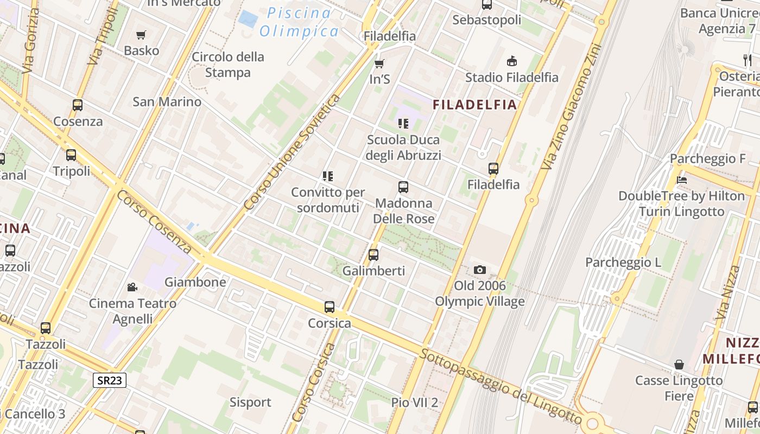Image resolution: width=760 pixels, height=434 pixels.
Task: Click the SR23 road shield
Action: [110, 380]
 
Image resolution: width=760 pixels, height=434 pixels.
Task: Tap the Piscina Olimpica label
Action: [299, 22]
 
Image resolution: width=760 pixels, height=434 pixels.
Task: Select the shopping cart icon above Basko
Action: [141, 35]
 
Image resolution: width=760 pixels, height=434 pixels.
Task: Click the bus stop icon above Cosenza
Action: [78, 105]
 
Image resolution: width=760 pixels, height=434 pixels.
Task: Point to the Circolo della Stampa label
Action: [228, 65]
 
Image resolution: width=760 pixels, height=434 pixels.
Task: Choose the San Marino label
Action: [167, 101]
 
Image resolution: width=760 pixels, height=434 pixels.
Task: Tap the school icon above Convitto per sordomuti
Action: [327, 176]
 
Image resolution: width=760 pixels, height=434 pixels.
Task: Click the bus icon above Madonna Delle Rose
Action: [403, 187]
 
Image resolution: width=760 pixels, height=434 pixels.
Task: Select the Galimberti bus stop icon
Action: [373, 254]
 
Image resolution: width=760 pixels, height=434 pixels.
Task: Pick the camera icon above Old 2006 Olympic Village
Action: [479, 270]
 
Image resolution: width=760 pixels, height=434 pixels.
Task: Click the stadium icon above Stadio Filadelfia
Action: [511, 61]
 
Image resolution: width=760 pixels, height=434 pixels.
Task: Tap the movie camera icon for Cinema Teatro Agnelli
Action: [132, 287]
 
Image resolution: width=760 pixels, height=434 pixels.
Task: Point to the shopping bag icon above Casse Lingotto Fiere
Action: [679, 364]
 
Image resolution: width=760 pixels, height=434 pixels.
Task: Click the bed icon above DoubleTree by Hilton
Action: [681, 180]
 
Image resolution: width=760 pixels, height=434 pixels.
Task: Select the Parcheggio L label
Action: [623, 263]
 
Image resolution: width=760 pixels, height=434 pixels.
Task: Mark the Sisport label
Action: [250, 402]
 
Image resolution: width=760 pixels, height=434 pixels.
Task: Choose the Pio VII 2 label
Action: [415, 403]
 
